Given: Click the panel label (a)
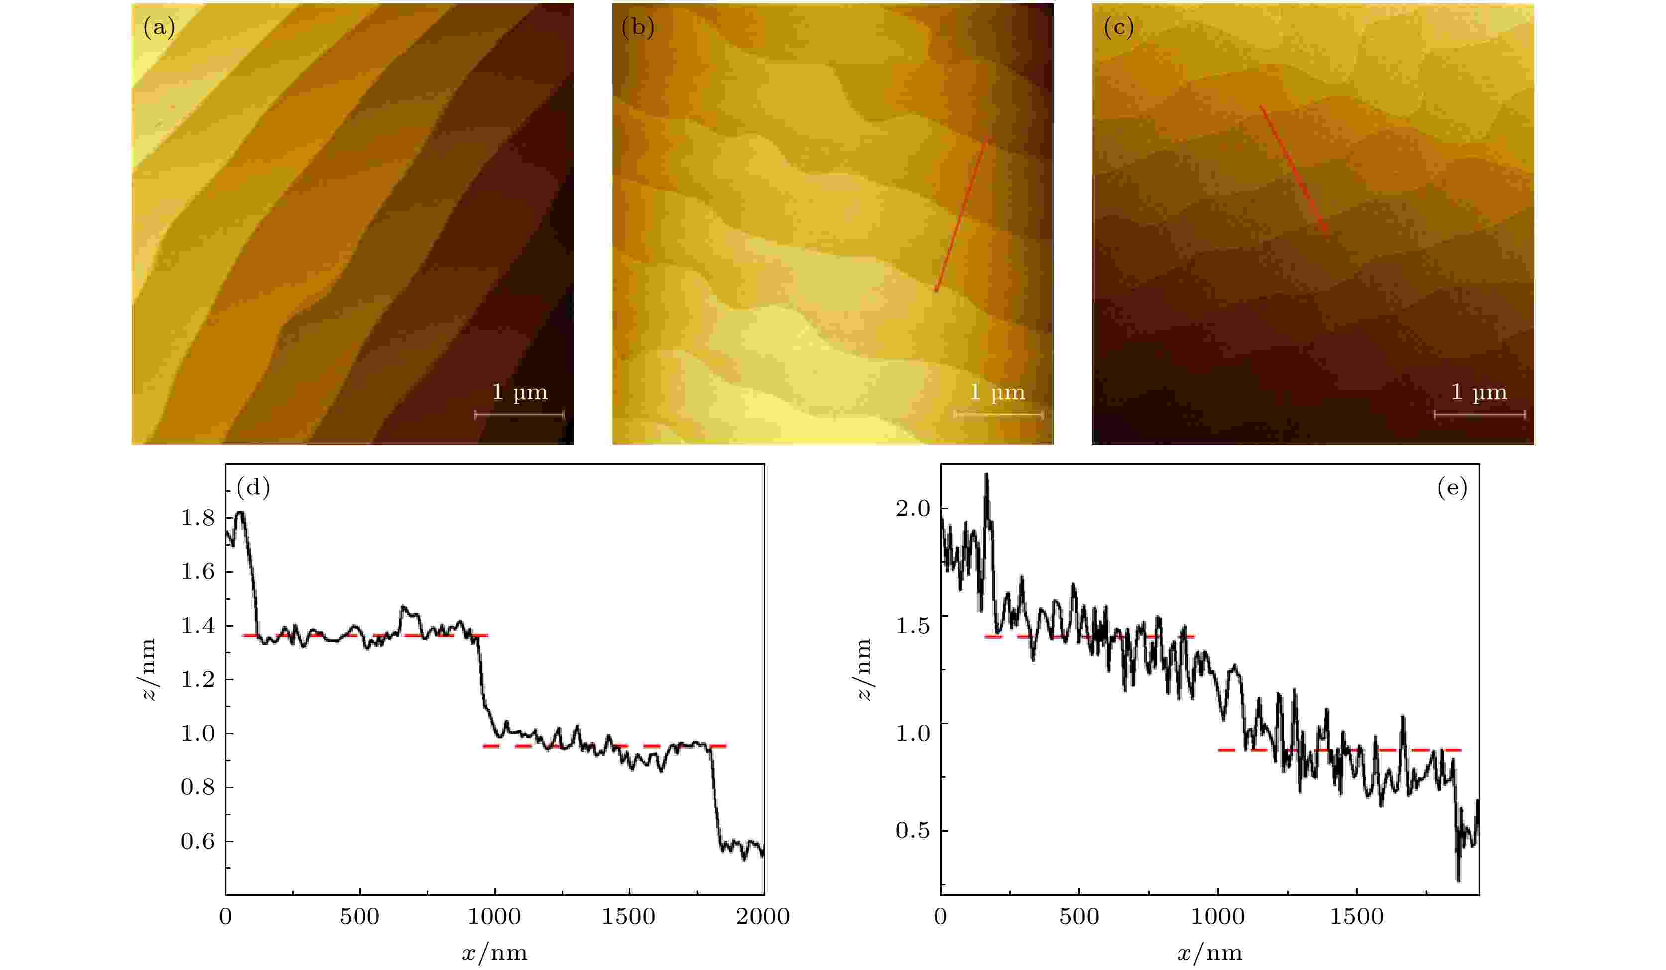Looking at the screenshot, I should coord(159,28).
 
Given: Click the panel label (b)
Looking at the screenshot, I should coord(638,28).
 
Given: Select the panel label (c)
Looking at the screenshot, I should coord(1119,28).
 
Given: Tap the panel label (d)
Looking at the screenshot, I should coord(253,488).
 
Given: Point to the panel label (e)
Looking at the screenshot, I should coord(1452,488).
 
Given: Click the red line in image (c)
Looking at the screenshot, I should coord(1293,169).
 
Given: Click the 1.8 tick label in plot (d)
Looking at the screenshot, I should coord(198,519).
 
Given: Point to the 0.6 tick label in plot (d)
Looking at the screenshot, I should coord(198,841).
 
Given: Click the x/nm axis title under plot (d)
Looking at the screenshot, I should coord(494,952).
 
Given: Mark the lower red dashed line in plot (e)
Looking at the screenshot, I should coord(1339,750).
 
